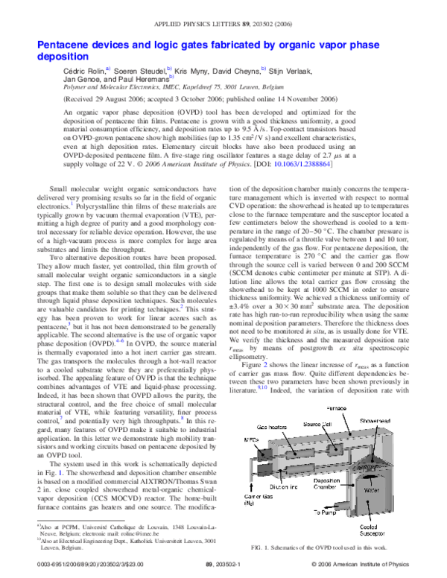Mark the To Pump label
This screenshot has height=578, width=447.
click(x=326, y=512)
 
